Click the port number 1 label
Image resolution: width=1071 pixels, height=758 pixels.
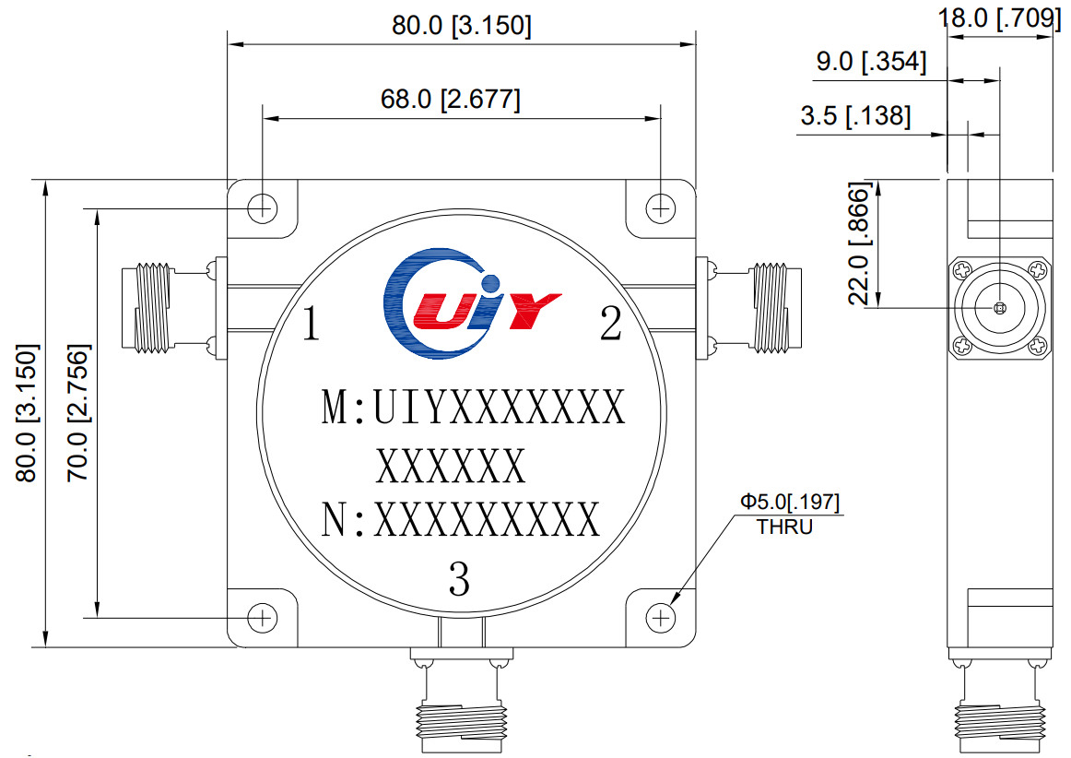click(x=311, y=325)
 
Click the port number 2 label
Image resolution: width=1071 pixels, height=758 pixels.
click(x=610, y=325)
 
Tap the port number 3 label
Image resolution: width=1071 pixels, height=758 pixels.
click(x=459, y=580)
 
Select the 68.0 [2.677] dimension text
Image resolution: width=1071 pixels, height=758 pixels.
click(x=451, y=99)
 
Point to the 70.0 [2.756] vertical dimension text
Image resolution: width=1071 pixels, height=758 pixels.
click(x=79, y=413)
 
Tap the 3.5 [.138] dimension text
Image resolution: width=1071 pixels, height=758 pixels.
click(x=855, y=116)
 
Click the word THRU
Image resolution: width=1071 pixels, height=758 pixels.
click(x=784, y=528)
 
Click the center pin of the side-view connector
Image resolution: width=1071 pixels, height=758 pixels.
click(x=1000, y=308)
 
